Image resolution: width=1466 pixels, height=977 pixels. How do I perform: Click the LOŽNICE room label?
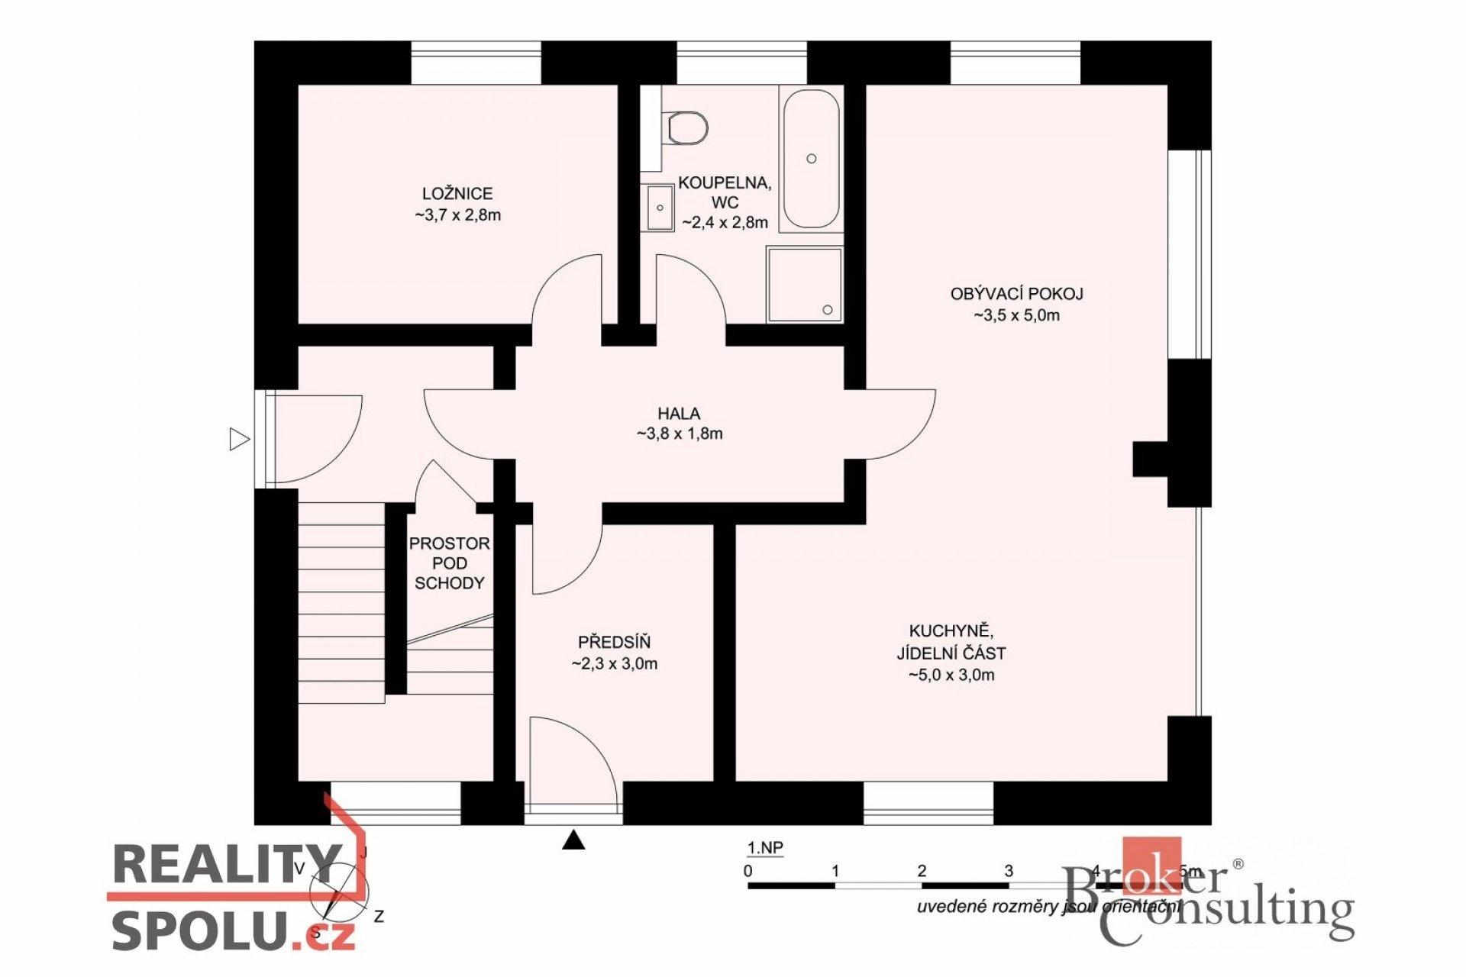coord(457,194)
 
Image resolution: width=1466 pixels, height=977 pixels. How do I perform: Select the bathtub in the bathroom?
coord(811,159)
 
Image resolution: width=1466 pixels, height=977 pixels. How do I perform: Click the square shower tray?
coord(805,284)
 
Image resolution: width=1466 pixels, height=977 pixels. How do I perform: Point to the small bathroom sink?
coord(659,207)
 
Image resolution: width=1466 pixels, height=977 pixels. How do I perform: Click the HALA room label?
coord(679,414)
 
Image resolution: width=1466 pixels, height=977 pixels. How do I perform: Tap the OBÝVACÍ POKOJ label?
coord(1016,294)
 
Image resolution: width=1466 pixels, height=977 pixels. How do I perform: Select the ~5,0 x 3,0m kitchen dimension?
coord(951,675)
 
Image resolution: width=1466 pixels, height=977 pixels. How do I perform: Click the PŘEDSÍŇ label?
coord(614,643)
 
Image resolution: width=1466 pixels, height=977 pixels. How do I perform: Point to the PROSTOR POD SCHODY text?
coord(449,563)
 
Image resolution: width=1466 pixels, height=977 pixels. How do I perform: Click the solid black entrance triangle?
coord(573,840)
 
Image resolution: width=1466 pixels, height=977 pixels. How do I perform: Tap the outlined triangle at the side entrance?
coord(240,440)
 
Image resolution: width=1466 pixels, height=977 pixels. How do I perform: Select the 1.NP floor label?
coord(764,848)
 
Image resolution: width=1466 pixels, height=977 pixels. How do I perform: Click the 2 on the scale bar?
coord(922,871)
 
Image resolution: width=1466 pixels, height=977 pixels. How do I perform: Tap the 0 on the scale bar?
coord(748,871)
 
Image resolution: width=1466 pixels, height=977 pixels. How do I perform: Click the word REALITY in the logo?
coord(227,863)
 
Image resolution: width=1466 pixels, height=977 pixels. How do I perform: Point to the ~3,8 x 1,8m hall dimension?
coord(680,434)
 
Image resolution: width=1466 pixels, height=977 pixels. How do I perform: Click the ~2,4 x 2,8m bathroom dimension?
coord(725,223)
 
